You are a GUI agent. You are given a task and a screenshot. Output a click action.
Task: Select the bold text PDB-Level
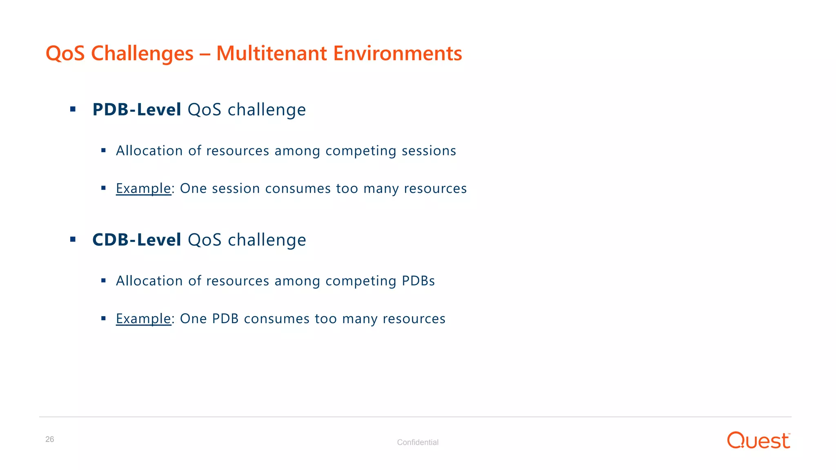137,110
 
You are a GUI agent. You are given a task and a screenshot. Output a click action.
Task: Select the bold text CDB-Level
137,240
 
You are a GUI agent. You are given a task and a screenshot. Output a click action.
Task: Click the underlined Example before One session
143,188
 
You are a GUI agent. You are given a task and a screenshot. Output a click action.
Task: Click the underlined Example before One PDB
143,319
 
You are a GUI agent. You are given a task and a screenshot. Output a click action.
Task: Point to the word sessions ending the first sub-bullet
429,151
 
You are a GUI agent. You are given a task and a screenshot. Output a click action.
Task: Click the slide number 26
49,439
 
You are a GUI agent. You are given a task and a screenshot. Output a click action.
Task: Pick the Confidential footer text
418,442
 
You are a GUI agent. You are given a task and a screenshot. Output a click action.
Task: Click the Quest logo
758,441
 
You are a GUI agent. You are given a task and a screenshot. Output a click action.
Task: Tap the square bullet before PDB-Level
73,109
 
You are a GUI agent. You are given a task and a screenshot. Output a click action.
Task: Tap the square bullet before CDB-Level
73,239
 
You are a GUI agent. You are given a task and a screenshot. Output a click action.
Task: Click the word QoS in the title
65,53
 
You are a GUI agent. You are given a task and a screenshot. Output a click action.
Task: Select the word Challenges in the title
142,53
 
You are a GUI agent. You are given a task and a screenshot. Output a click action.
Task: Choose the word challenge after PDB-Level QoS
266,110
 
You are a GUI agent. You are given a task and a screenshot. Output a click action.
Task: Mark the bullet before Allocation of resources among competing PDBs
103,281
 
